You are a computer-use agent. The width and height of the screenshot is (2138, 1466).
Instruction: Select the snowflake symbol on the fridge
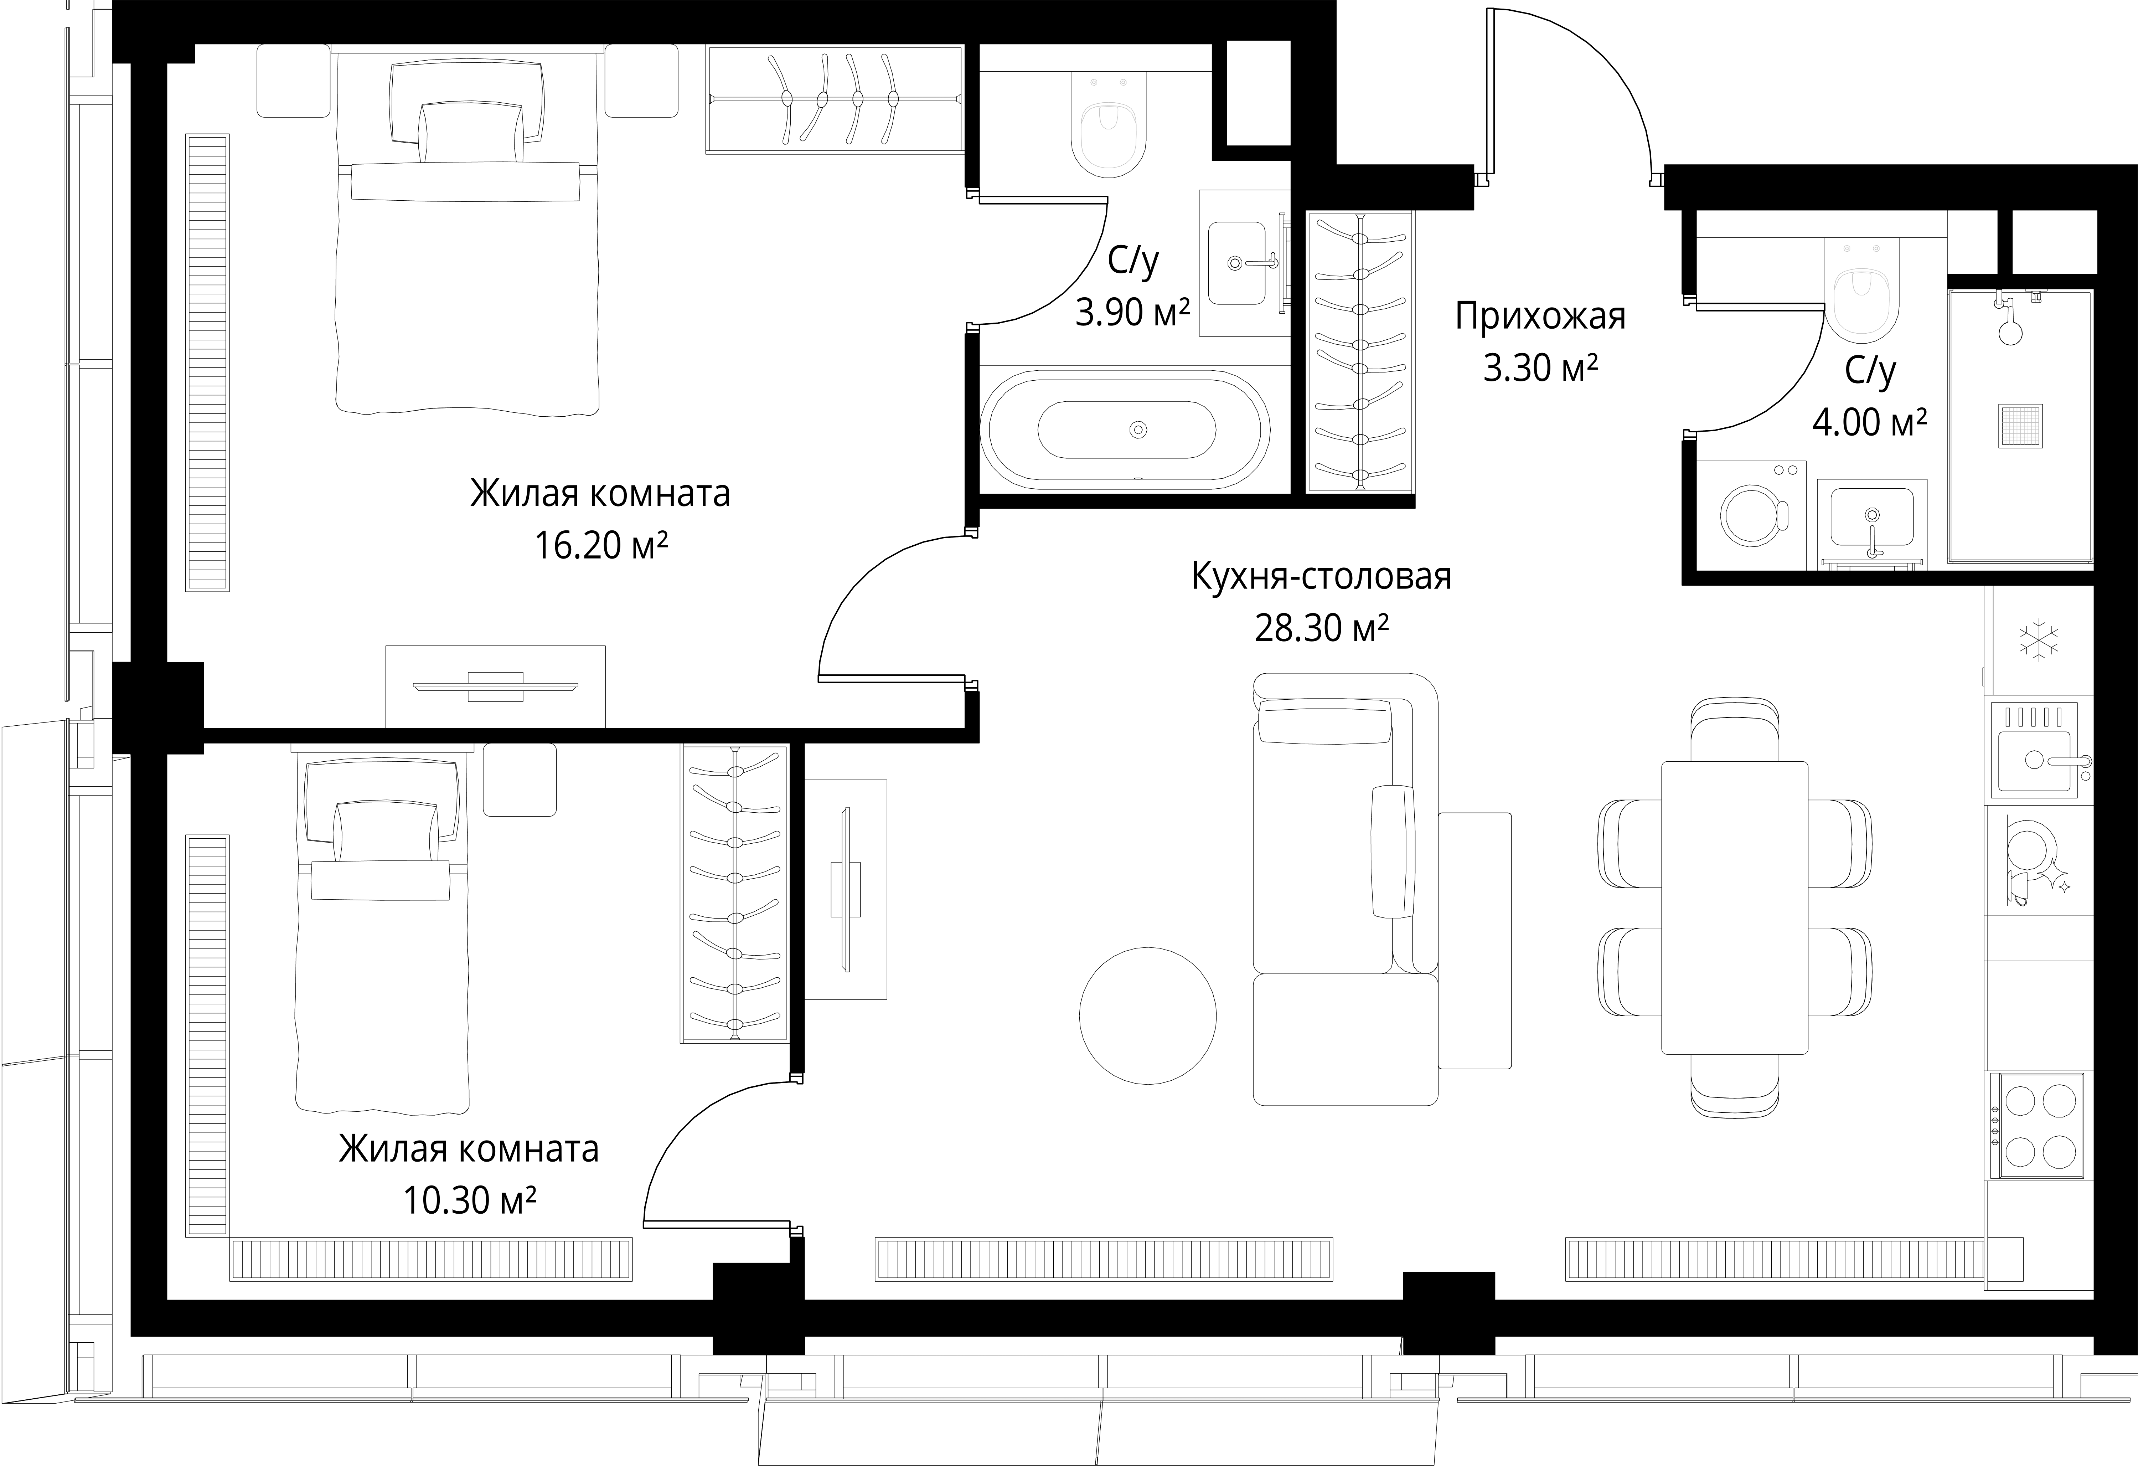(2039, 642)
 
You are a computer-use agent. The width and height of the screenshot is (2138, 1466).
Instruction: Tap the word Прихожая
(1540, 317)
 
